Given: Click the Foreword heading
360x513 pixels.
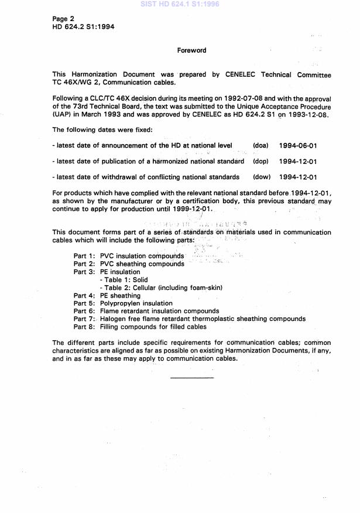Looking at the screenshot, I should [191, 50].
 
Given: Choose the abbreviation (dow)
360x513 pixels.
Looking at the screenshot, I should [261, 177].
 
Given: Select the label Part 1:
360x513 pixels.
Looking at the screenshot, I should [84, 256].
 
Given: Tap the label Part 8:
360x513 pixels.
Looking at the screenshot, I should [84, 327].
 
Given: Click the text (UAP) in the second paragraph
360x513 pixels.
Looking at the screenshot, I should [62, 115].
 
